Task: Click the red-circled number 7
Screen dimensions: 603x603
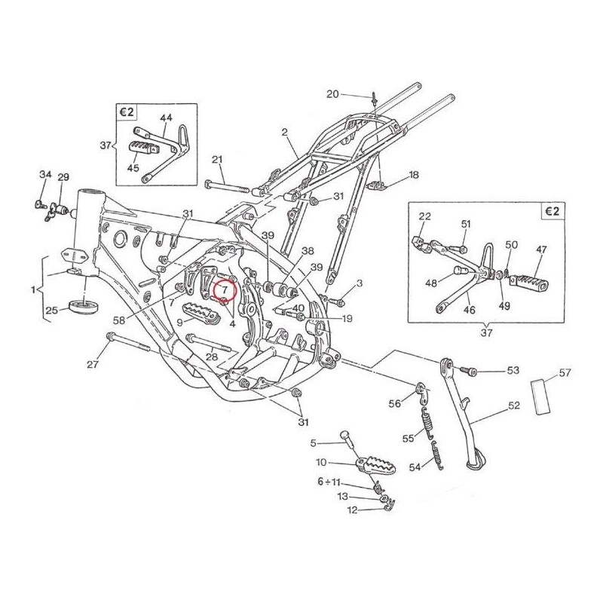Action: click(225, 289)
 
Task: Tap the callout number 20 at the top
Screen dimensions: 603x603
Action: click(332, 94)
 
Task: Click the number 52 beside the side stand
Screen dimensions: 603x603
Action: click(513, 406)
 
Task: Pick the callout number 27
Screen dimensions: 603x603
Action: click(92, 365)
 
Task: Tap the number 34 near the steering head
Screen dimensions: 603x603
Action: click(45, 176)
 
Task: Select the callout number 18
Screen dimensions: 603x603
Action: click(413, 175)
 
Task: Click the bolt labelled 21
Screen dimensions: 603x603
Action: click(225, 185)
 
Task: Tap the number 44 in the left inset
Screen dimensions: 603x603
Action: click(166, 118)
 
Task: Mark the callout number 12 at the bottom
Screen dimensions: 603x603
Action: click(353, 510)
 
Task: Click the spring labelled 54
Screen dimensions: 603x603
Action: click(436, 454)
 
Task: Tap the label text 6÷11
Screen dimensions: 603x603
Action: click(329, 481)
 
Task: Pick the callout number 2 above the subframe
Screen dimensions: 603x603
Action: click(285, 133)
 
